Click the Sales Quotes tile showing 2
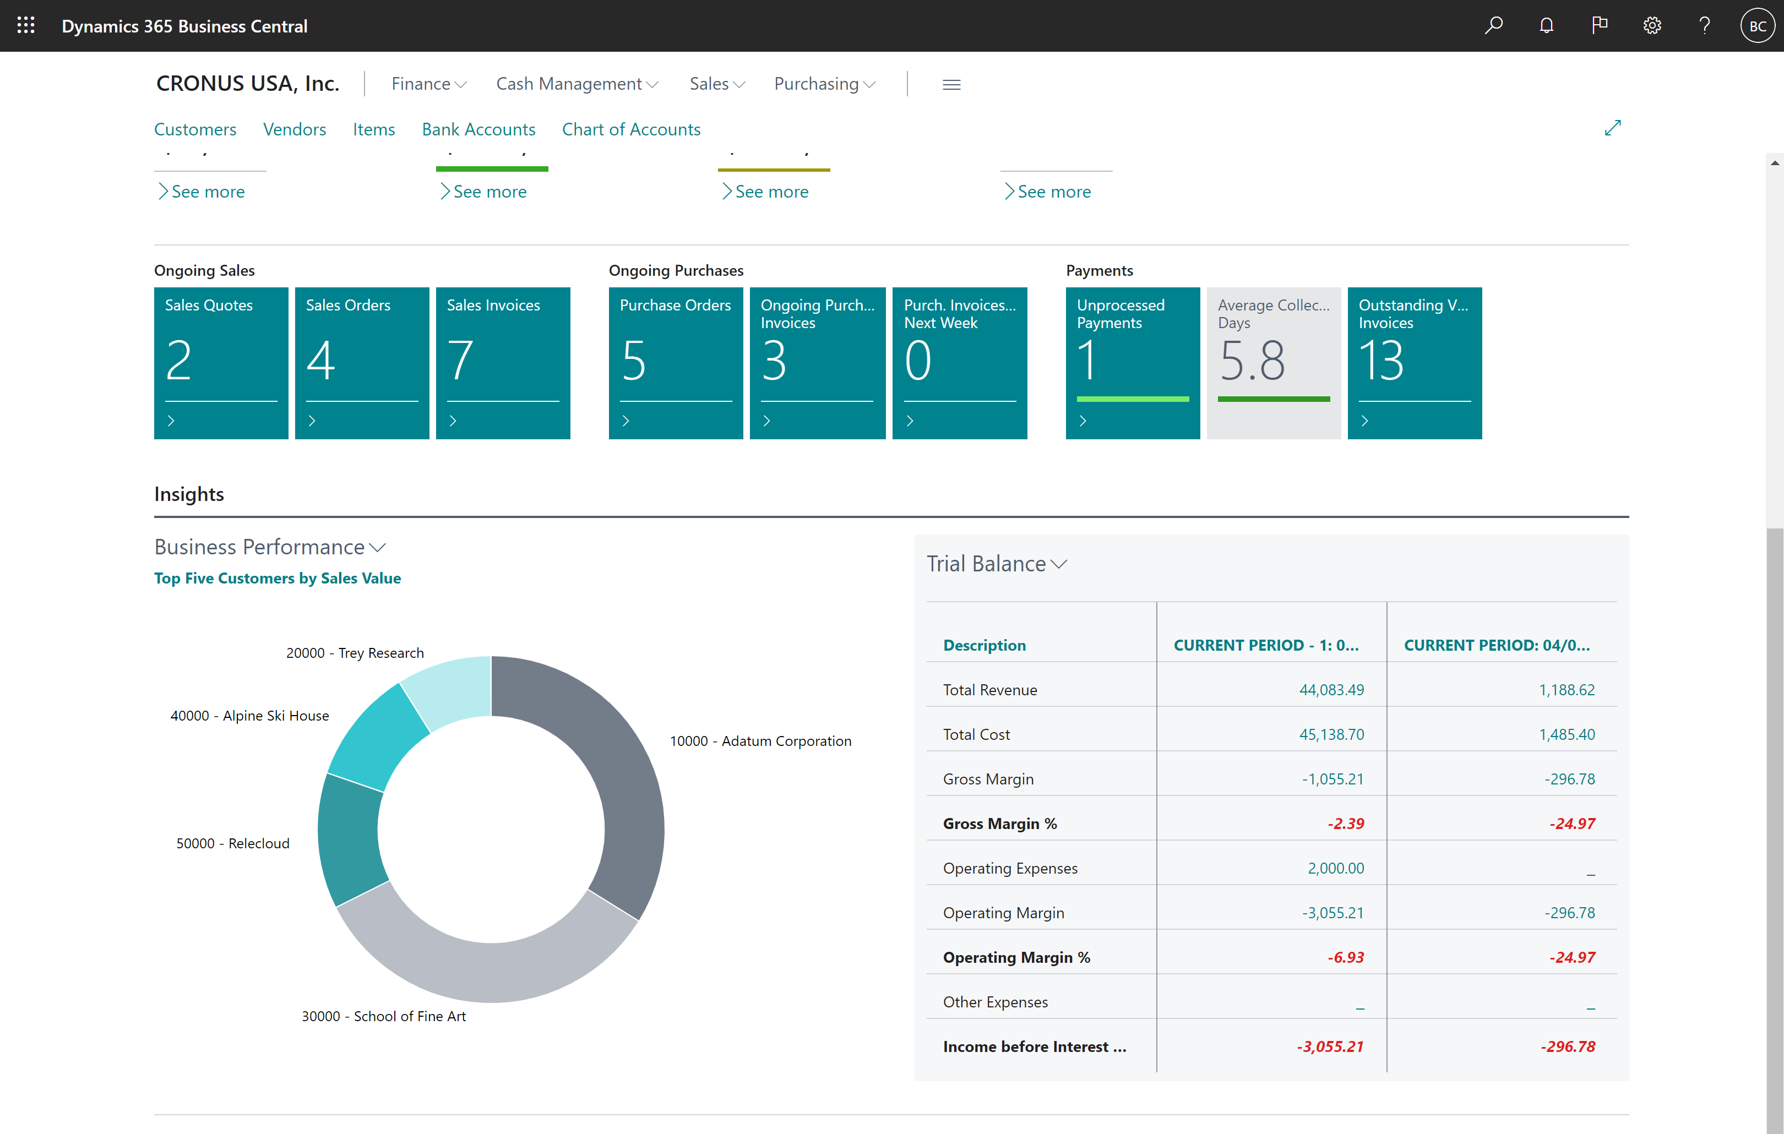click(x=221, y=362)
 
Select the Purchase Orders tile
click(x=675, y=362)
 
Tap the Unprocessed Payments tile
click(x=1132, y=362)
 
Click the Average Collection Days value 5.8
click(x=1252, y=361)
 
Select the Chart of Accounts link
click(x=630, y=129)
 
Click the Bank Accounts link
click(x=478, y=129)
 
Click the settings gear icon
click(x=1651, y=26)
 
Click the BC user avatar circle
click(x=1758, y=26)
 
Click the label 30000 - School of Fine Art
click(x=383, y=1016)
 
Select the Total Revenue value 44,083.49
click(x=1331, y=690)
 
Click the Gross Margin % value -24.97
click(x=1571, y=824)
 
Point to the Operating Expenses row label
click(x=1010, y=868)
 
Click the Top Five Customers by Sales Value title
click(x=277, y=578)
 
